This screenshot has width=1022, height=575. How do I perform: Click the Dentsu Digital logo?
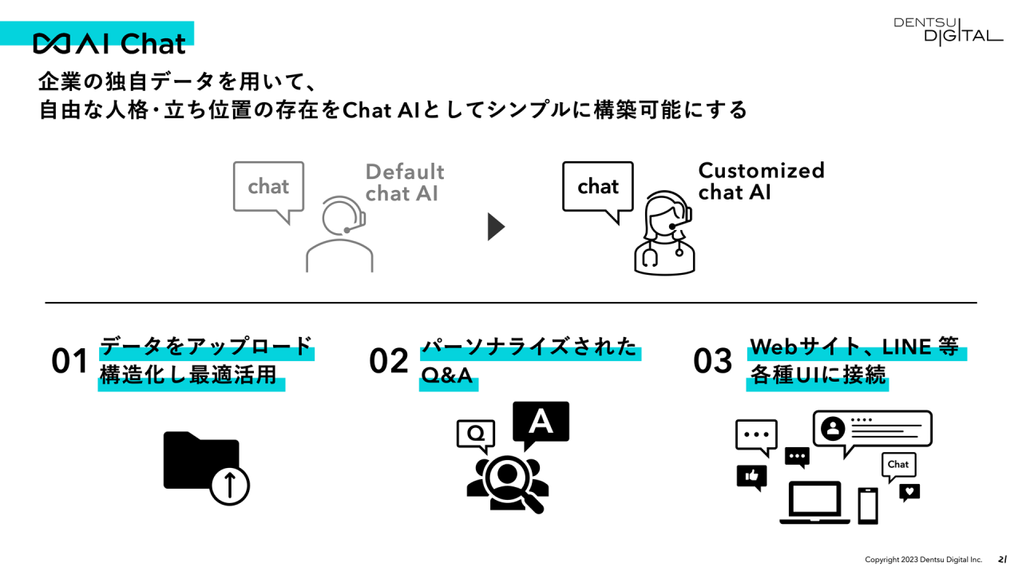[948, 30]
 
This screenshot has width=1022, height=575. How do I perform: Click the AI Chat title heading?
[109, 43]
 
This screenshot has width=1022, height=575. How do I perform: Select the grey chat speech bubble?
[268, 188]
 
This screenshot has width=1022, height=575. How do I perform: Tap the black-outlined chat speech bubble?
[597, 188]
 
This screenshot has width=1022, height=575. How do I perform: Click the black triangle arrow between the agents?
[496, 227]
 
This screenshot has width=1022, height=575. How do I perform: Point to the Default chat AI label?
[404, 183]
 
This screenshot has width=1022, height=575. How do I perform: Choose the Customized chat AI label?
[761, 181]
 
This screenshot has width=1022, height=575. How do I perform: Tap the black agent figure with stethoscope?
[664, 233]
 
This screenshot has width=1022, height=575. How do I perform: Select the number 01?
[69, 362]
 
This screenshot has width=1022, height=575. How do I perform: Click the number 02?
[389, 362]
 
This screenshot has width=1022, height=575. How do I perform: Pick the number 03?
[713, 362]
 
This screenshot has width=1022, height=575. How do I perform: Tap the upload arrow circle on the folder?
[230, 484]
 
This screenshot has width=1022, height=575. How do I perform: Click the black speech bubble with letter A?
[541, 423]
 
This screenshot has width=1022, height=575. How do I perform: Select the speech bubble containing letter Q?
[476, 434]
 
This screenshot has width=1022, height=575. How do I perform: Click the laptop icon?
[814, 502]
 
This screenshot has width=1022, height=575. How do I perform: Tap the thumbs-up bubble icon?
[751, 476]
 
